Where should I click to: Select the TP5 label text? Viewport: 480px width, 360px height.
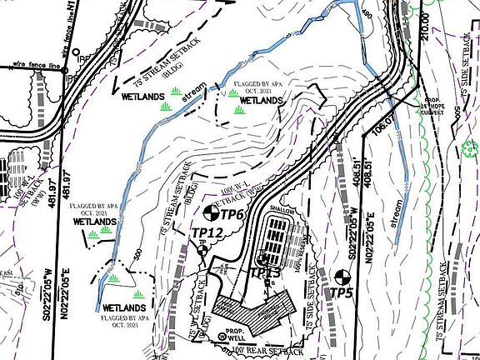(342, 292)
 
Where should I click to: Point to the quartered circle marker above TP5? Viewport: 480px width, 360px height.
(340, 276)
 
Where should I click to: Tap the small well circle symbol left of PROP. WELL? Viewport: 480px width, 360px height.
(221, 337)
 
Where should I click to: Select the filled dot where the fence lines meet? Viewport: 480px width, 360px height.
(64, 71)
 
